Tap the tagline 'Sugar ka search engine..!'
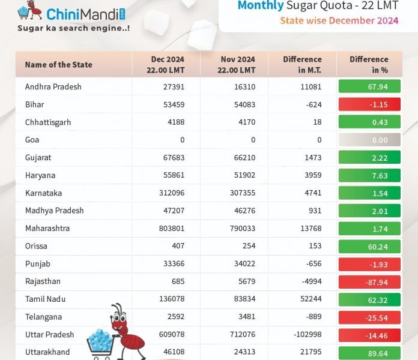[73, 28]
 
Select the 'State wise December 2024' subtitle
[339, 21]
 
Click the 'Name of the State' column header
[59, 65]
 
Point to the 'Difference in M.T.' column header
[302, 65]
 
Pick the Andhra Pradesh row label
[53, 87]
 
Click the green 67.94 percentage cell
[369, 87]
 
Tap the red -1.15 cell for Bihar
[369, 104]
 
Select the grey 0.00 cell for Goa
[369, 140]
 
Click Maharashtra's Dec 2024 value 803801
[166, 229]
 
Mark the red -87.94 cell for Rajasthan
[369, 281]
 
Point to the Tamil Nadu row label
[46, 299]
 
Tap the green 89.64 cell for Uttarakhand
[369, 352]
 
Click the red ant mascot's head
[117, 314]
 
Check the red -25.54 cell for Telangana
[369, 317]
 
